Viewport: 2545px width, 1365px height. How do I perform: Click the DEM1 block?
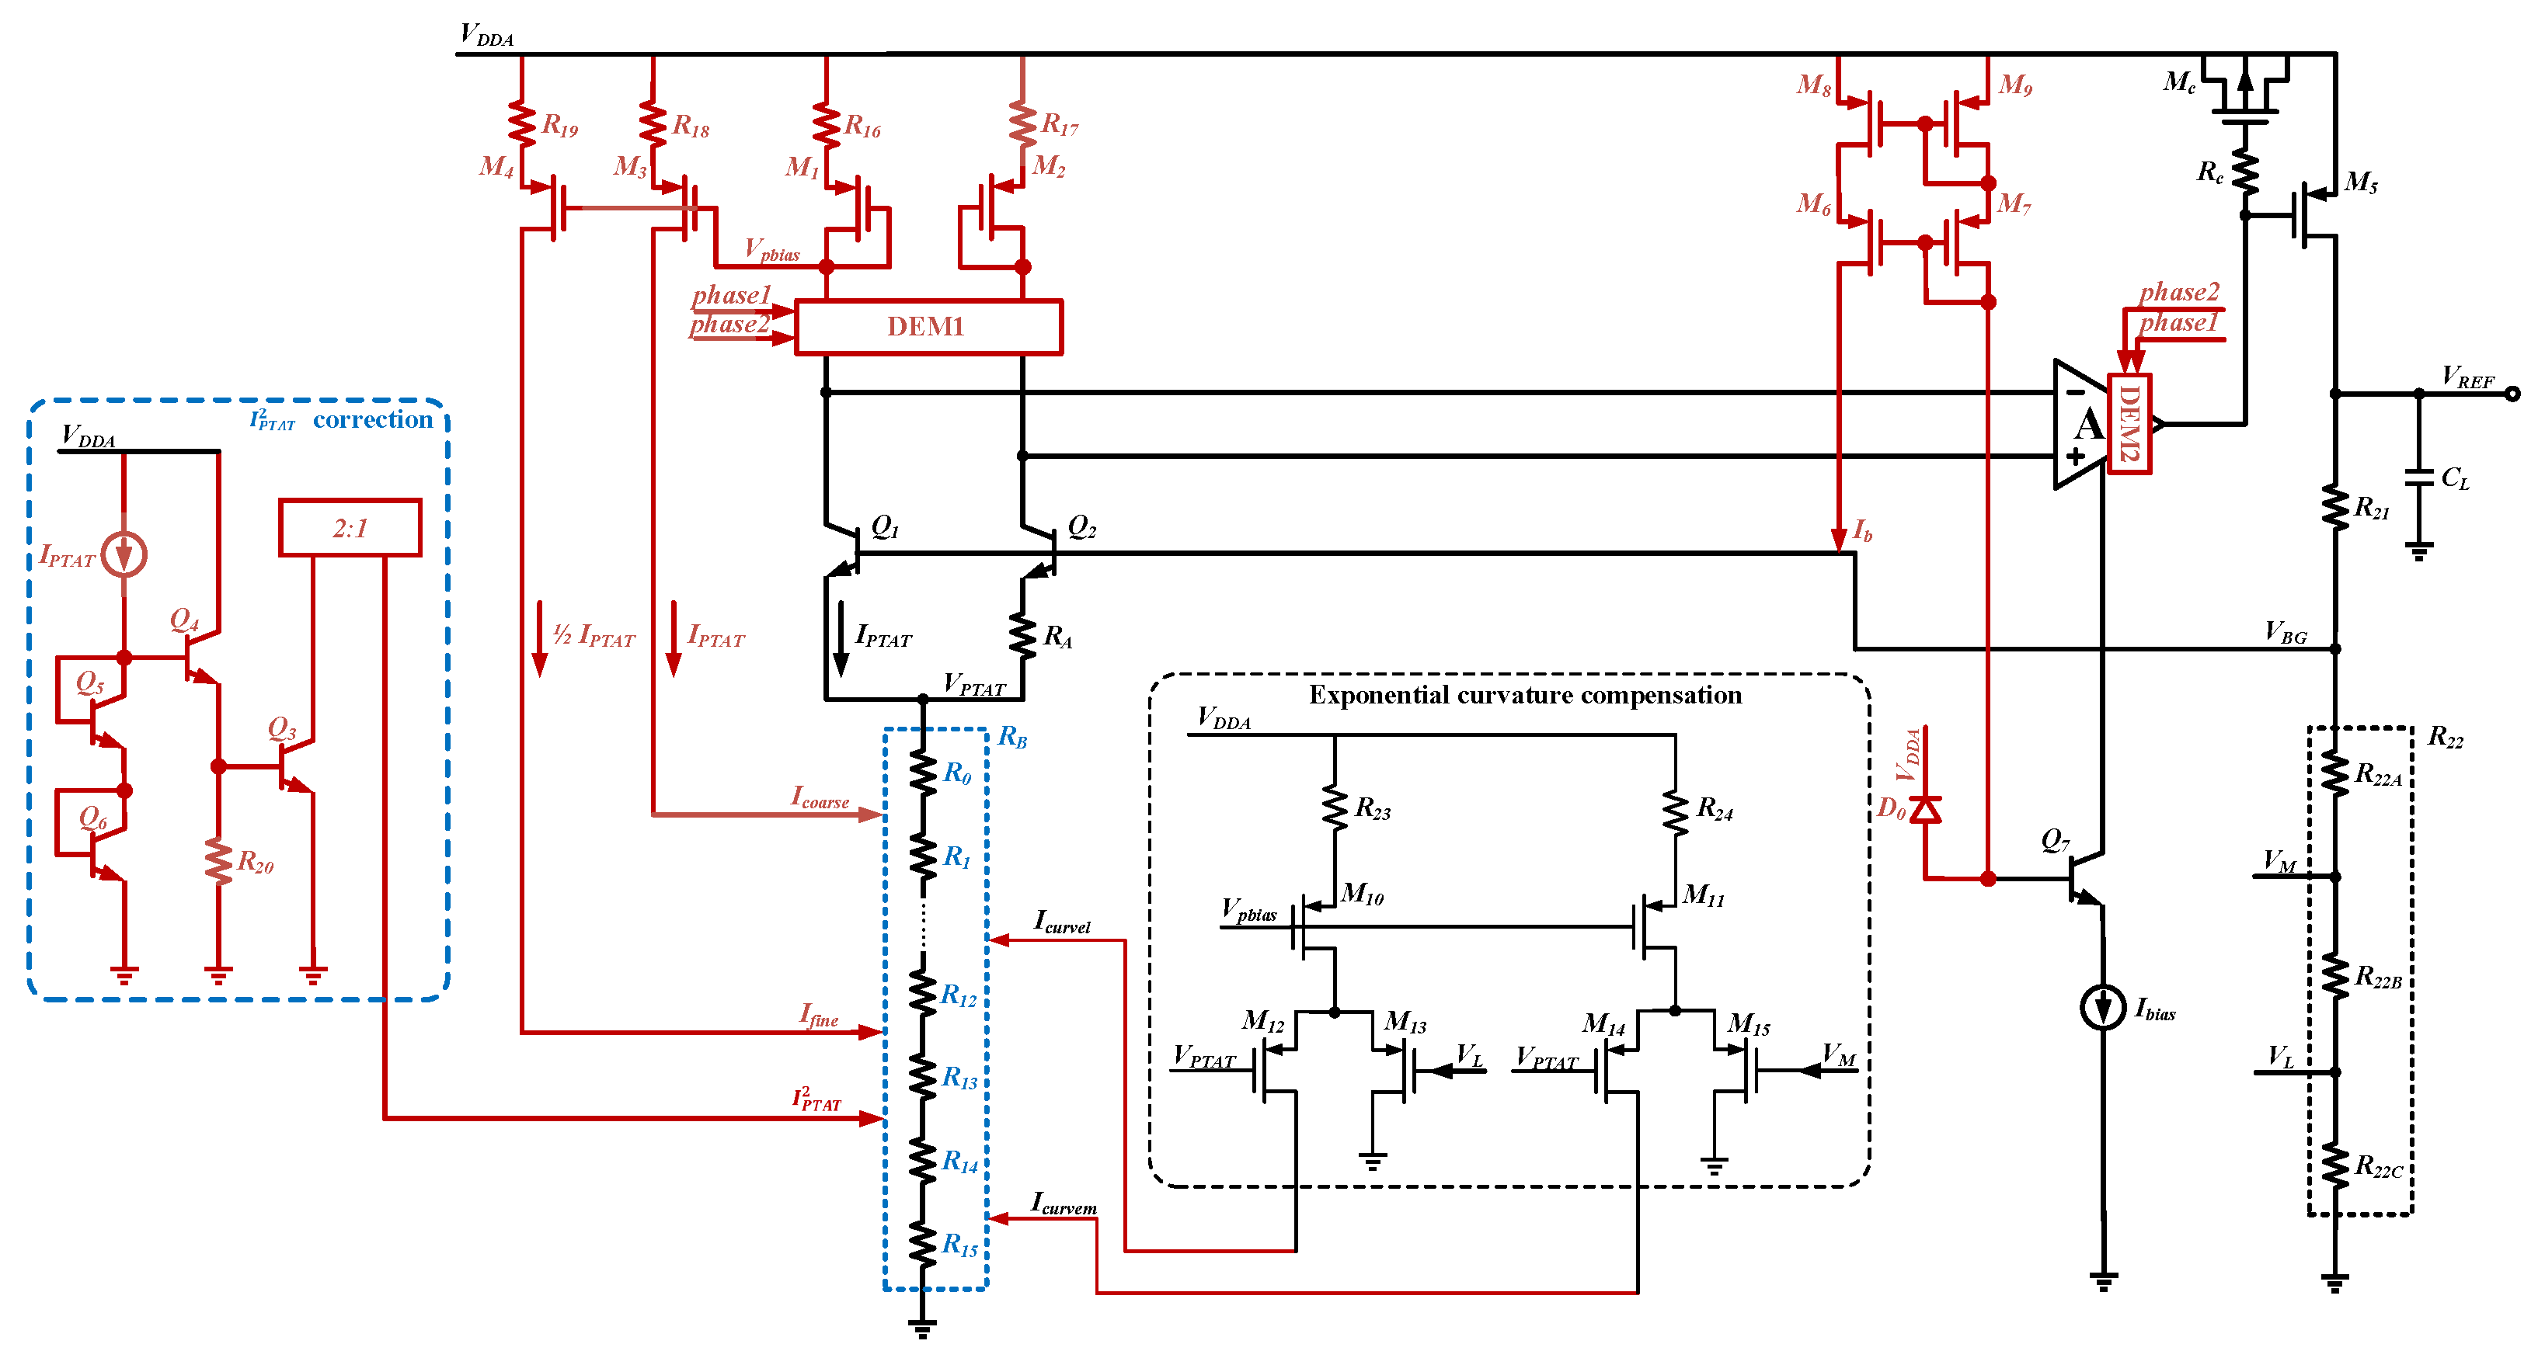[928, 327]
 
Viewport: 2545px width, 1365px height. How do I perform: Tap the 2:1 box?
[350, 529]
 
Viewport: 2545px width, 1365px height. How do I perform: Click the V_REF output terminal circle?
[2512, 393]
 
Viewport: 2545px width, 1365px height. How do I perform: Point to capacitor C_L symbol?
[2418, 478]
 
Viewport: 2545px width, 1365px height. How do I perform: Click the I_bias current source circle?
[2101, 1008]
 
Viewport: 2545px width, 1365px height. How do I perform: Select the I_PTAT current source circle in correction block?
[124, 554]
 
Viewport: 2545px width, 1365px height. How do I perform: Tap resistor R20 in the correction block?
[218, 860]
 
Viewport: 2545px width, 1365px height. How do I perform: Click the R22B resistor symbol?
[2334, 977]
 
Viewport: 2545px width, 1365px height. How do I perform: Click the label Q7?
[2055, 841]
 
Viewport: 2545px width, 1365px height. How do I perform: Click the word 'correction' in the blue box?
[372, 420]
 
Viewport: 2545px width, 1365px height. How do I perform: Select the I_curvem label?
[1063, 1203]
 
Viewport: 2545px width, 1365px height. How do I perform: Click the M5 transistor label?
[2360, 182]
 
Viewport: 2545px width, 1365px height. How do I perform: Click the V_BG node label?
[2286, 633]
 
